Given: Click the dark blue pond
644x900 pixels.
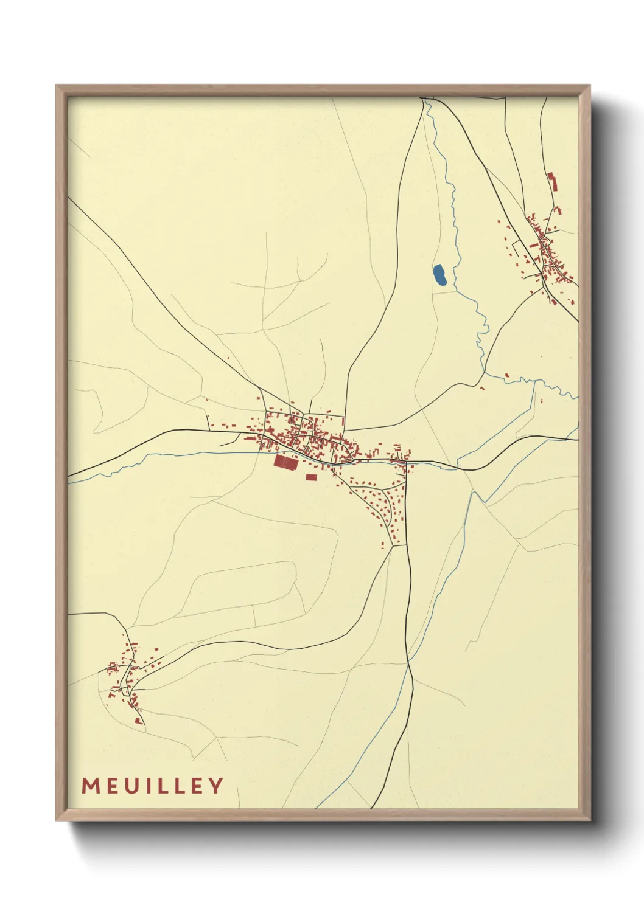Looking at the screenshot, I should [x=440, y=275].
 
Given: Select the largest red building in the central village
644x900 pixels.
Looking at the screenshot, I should [x=286, y=462].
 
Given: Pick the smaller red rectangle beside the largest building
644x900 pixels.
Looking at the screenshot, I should [x=311, y=477].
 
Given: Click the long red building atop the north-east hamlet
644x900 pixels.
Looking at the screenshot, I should [x=553, y=181].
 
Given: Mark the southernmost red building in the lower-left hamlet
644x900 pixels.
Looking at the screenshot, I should [x=139, y=721].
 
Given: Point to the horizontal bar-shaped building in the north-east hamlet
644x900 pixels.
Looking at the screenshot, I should [x=533, y=245].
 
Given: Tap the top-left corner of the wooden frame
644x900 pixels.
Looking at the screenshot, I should [x=57, y=86].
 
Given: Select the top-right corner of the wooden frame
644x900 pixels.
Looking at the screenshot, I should [x=590, y=86].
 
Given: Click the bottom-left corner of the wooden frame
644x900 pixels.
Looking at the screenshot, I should [x=57, y=820].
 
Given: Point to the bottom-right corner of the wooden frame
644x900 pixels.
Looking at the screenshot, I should [x=590, y=820].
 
